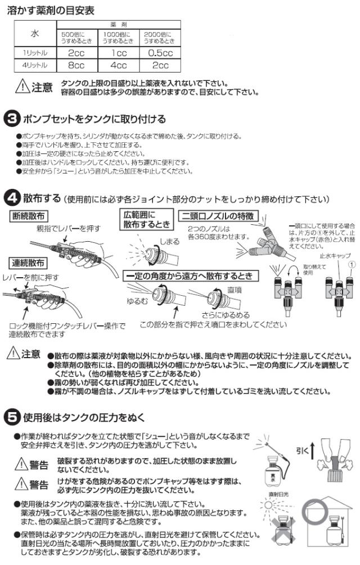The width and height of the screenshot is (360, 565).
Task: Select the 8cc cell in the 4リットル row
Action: pyautogui.click(x=75, y=65)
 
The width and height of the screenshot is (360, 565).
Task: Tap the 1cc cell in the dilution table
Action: pyautogui.click(x=117, y=53)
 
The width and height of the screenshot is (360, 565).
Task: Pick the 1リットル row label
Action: pyautogui.click(x=35, y=53)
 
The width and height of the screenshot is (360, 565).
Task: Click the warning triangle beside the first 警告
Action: pyautogui.click(x=21, y=464)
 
